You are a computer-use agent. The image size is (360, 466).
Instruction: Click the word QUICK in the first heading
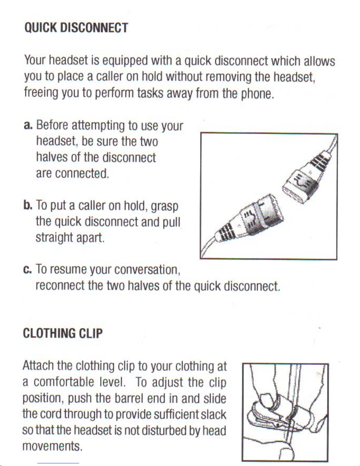tap(41, 28)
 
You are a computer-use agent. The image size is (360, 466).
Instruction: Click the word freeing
tap(41, 93)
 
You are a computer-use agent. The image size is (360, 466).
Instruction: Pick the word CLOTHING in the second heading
tap(49, 333)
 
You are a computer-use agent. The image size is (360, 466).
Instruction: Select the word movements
tap(52, 446)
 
